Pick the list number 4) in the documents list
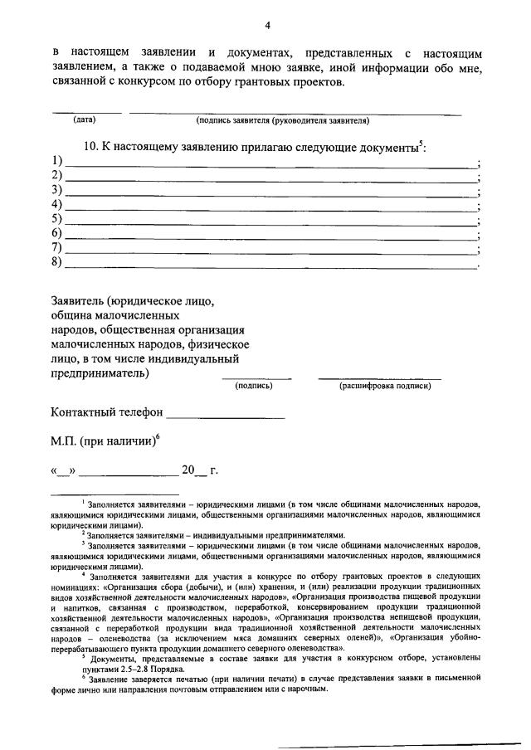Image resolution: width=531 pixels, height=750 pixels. [57, 204]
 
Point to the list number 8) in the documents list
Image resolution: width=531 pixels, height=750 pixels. [57, 263]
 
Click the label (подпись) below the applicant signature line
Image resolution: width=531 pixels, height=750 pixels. [254, 386]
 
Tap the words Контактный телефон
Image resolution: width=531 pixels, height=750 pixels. [105, 412]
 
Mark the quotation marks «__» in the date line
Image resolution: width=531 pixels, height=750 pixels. [62, 471]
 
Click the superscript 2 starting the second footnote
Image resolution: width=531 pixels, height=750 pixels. [83, 533]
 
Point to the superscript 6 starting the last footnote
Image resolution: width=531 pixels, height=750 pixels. [83, 675]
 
